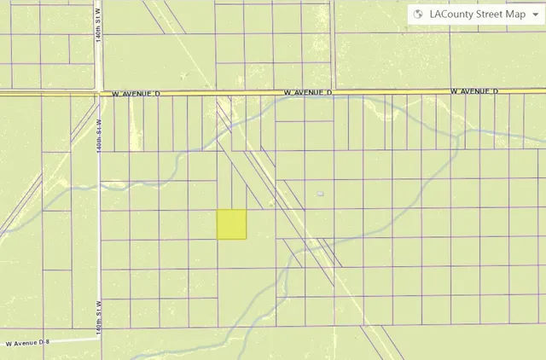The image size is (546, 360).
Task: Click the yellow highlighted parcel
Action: (231, 224)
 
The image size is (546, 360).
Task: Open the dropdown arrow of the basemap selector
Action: (534, 15)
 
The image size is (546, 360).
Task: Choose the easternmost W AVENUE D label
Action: (473, 90)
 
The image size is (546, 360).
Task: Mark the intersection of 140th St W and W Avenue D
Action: (99, 92)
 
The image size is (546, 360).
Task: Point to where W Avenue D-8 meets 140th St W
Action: (99, 340)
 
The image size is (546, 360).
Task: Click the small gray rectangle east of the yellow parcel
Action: (320, 195)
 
